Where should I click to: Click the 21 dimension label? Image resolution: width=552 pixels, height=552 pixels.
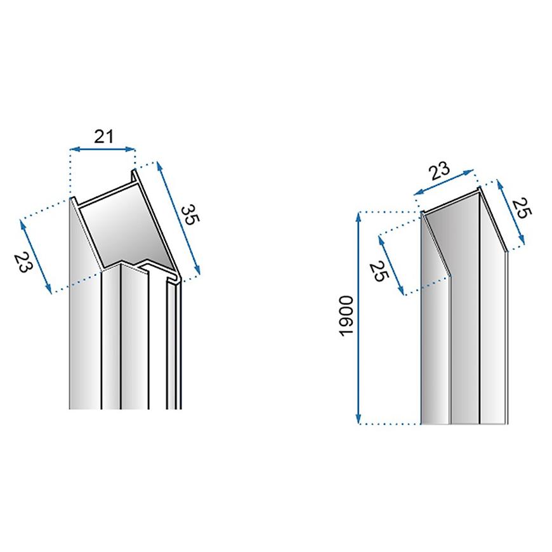(x=104, y=136)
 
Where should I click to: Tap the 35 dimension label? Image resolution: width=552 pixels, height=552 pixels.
(x=190, y=215)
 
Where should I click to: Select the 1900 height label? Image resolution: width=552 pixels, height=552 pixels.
(x=346, y=317)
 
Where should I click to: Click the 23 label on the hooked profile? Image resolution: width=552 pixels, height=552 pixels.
(x=23, y=262)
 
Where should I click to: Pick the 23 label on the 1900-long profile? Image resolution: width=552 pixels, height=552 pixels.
(x=439, y=171)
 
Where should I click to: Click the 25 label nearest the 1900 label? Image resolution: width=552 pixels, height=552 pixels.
(x=379, y=272)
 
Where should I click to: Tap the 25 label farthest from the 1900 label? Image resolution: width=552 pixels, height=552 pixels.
(x=522, y=208)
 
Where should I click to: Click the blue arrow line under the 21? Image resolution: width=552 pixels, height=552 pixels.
(x=102, y=150)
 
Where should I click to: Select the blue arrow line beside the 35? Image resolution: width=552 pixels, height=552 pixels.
(x=178, y=218)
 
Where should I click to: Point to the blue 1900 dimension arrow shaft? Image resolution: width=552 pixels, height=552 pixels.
(x=358, y=318)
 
